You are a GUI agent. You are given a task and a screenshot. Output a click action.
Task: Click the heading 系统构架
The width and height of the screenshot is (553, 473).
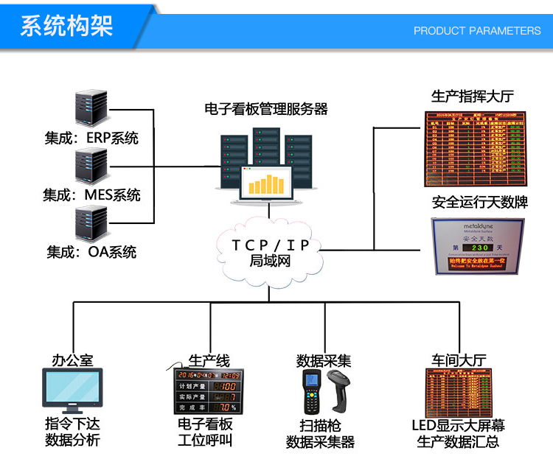[66, 27]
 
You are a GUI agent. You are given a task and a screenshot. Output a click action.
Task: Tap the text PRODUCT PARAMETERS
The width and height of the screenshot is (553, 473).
[476, 31]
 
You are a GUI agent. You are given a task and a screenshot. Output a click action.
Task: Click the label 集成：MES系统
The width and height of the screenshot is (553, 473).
[91, 195]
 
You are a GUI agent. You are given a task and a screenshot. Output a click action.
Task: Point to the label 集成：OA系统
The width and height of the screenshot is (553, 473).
[91, 252]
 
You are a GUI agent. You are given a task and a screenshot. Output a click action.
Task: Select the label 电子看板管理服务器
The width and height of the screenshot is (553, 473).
[266, 109]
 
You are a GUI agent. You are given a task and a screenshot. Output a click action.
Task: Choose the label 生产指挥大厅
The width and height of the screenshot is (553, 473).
[472, 97]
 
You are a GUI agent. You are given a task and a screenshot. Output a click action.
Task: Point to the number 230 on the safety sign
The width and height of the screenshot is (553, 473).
[477, 247]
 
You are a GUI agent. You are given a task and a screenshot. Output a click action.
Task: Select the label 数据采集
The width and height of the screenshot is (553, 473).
[324, 361]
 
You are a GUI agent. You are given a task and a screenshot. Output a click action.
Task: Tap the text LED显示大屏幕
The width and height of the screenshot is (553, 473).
[458, 426]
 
